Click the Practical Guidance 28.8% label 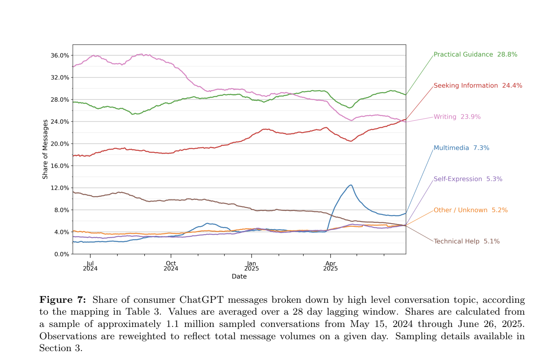pyautogui.click(x=475, y=55)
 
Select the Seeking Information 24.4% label pyautogui.click(x=478, y=86)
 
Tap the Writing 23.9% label pyautogui.click(x=457, y=117)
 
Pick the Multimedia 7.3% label pyautogui.click(x=461, y=148)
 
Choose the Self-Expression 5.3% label pyautogui.click(x=467, y=179)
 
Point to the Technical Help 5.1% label pyautogui.click(x=466, y=241)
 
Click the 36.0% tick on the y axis pyautogui.click(x=60, y=55)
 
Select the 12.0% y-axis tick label pyautogui.click(x=60, y=188)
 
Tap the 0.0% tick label pyautogui.click(x=61, y=254)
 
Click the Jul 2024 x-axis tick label pyautogui.click(x=90, y=266)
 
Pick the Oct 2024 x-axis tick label pyautogui.click(x=171, y=266)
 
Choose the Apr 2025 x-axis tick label pyautogui.click(x=330, y=266)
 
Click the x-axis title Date pyautogui.click(x=239, y=277)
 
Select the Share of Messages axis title pyautogui.click(x=45, y=149)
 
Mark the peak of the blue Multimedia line pyautogui.click(x=351, y=185)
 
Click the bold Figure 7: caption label pyautogui.click(x=63, y=300)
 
